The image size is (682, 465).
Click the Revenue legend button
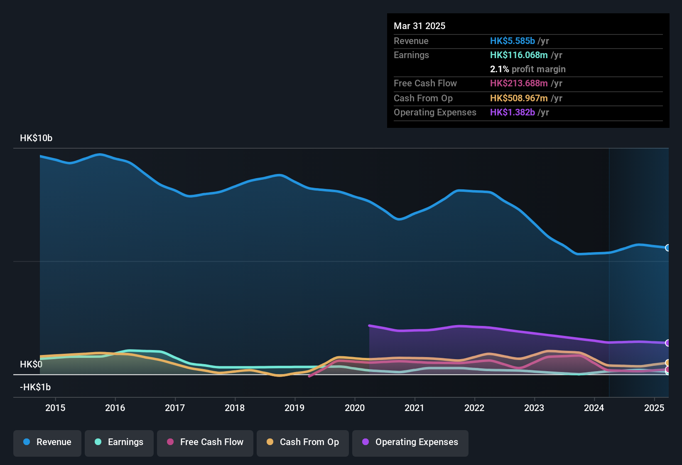point(47,442)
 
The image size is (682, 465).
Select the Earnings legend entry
point(119,442)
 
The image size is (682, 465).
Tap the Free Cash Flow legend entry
point(205,442)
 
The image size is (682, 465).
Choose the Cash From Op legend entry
point(303,442)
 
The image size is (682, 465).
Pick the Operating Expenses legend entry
point(410,442)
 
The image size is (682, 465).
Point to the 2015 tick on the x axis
point(55,408)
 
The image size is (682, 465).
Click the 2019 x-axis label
point(294,408)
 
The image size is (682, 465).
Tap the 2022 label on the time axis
point(474,408)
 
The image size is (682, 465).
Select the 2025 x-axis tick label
point(654,408)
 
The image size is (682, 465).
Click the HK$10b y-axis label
point(36,138)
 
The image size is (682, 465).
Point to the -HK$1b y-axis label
point(35,387)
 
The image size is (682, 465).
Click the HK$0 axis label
point(31,365)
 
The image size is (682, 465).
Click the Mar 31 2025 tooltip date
point(420,26)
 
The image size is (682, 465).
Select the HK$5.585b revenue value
point(512,41)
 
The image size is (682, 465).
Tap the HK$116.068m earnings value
point(519,55)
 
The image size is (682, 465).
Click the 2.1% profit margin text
point(527,69)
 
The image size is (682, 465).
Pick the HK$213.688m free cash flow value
point(519,83)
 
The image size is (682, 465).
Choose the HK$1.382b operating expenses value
point(512,113)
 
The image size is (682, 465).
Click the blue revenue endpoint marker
point(667,248)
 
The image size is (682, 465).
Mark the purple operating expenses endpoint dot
point(667,343)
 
